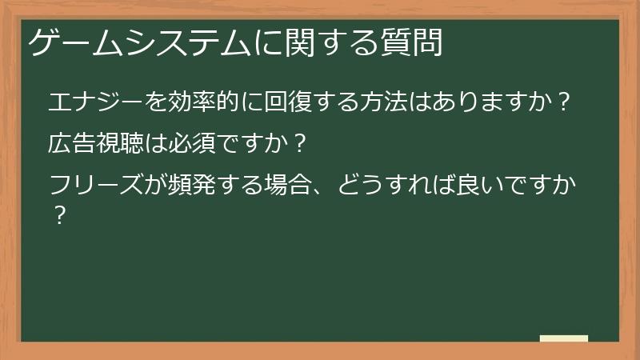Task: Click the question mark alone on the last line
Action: (x=58, y=216)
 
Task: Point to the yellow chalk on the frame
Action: (x=563, y=338)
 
